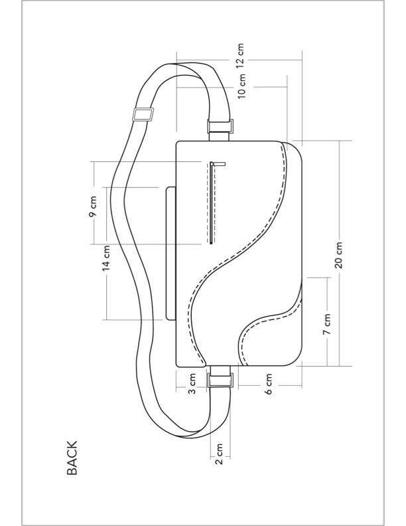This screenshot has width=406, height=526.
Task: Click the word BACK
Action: pyautogui.click(x=72, y=458)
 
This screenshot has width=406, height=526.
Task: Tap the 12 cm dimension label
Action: pyautogui.click(x=240, y=56)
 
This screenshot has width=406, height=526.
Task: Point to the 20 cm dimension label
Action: pyautogui.click(x=338, y=254)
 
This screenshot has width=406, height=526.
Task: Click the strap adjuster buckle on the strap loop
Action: pyautogui.click(x=143, y=115)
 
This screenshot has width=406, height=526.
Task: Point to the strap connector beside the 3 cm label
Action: pyautogui.click(x=220, y=380)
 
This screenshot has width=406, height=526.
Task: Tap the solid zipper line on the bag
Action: pyautogui.click(x=212, y=206)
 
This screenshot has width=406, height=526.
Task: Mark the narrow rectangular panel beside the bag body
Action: pyautogui.click(x=170, y=253)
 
